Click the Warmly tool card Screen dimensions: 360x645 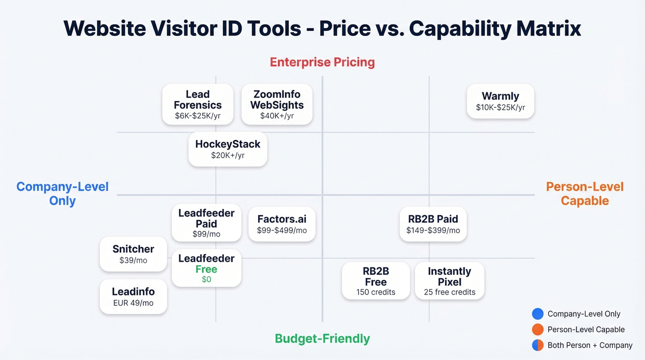coord(500,101)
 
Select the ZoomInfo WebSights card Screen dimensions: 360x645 coord(277,104)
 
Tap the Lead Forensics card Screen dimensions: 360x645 coord(198,104)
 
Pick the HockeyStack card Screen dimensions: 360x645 coord(228,149)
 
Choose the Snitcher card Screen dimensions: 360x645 coord(133,254)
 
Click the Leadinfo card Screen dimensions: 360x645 coord(133,296)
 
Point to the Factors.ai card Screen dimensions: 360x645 coord(281,224)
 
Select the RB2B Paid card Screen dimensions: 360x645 coord(433,224)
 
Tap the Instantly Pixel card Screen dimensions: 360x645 coord(449,281)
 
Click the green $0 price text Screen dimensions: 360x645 coord(206,279)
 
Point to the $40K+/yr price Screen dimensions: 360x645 coord(277,116)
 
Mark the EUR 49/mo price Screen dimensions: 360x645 coord(133,303)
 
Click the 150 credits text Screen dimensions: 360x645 coord(375,292)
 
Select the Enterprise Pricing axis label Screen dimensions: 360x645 coord(322,62)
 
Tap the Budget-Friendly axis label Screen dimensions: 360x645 coord(322,339)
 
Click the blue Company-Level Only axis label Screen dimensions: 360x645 coord(63,194)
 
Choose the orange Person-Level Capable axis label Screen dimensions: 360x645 coord(585,194)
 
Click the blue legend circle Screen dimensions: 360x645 coord(538,314)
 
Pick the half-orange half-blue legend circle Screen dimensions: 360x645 coord(538,345)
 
